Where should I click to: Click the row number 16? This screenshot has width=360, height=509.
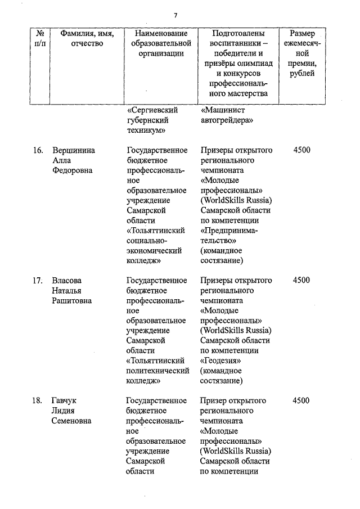coord(38,150)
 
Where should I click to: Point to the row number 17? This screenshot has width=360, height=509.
coord(38,280)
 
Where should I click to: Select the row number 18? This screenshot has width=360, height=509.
coord(38,400)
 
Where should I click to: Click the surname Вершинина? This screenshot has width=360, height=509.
coord(74,150)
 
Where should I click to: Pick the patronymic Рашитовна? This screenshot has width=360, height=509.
coord(71,300)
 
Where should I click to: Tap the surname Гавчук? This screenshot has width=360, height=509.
coord(64,400)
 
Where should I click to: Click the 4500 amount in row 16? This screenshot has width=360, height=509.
coord(301,150)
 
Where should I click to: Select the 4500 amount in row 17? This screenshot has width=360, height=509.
coord(301,280)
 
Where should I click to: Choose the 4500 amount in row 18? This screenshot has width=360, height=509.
coord(301,400)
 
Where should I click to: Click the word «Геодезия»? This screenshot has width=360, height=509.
coord(221,361)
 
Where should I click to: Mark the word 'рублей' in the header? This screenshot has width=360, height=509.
coord(303,73)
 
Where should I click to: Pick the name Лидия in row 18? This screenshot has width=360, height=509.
coord(63,411)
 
